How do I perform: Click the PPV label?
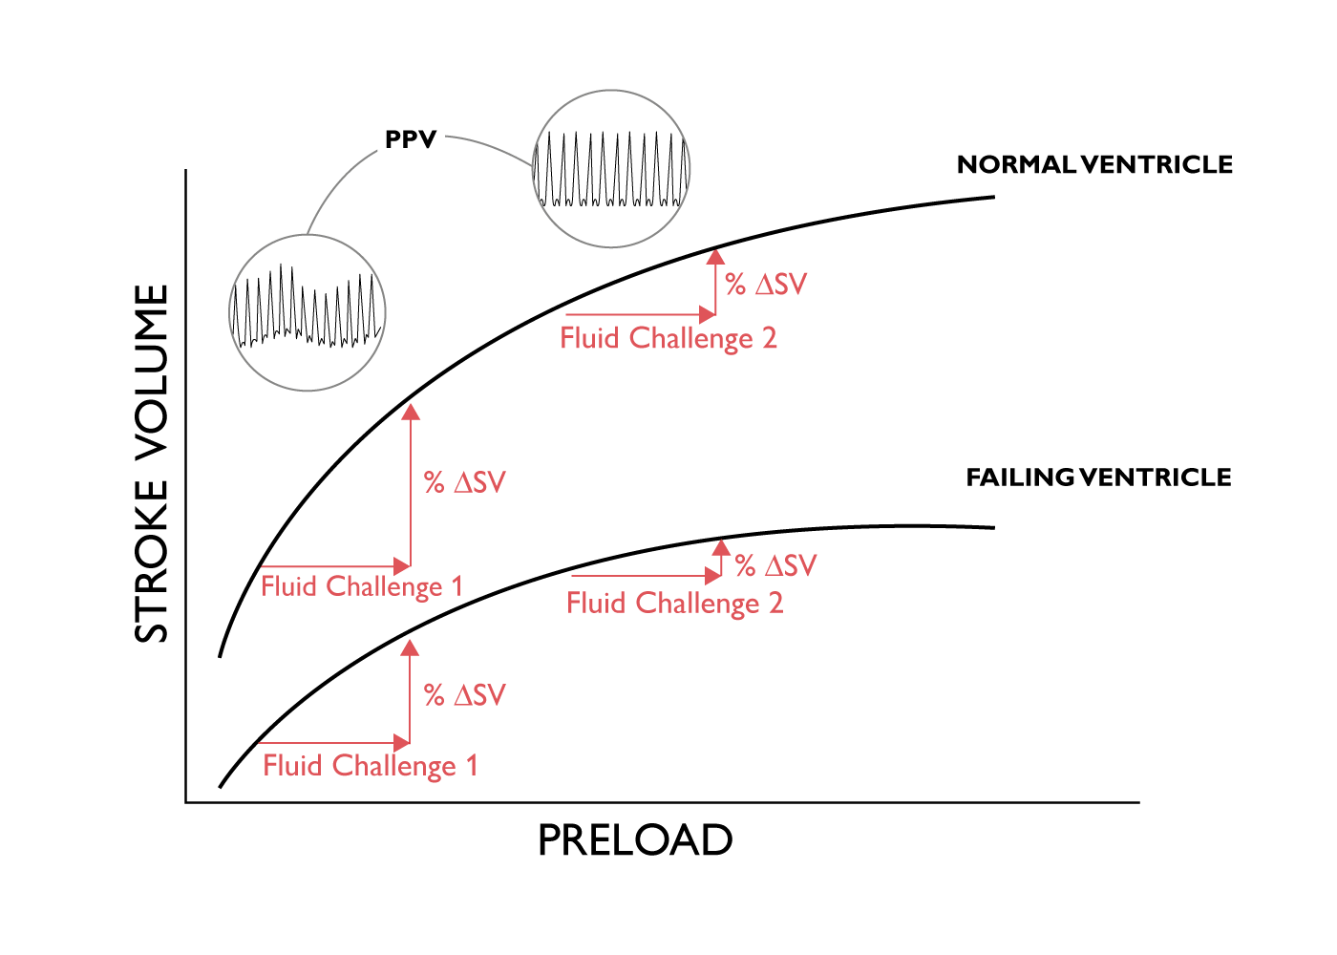[x=411, y=139]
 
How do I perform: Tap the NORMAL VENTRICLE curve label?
[x=1094, y=164]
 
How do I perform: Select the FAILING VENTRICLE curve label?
[x=1099, y=477]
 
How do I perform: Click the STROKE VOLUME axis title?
[x=151, y=464]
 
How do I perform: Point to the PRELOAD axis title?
[x=635, y=840]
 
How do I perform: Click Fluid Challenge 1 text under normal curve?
[x=362, y=586]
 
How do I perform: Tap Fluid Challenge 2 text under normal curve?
[x=668, y=338]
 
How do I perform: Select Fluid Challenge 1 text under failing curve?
[x=371, y=766]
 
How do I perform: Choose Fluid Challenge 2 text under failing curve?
[x=674, y=604]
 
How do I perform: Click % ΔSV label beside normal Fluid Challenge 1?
[x=465, y=482]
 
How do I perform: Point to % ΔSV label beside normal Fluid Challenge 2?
[x=766, y=285]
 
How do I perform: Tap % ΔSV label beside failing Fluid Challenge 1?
[x=465, y=695]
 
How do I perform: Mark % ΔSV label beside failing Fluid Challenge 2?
[x=775, y=565]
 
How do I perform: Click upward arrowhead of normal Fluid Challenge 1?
[x=411, y=412]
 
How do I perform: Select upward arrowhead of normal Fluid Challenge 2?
[x=715, y=257]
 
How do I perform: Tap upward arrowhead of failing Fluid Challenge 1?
[x=410, y=648]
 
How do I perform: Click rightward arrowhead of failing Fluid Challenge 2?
[x=713, y=575]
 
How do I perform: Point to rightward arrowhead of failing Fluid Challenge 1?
[x=402, y=743]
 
